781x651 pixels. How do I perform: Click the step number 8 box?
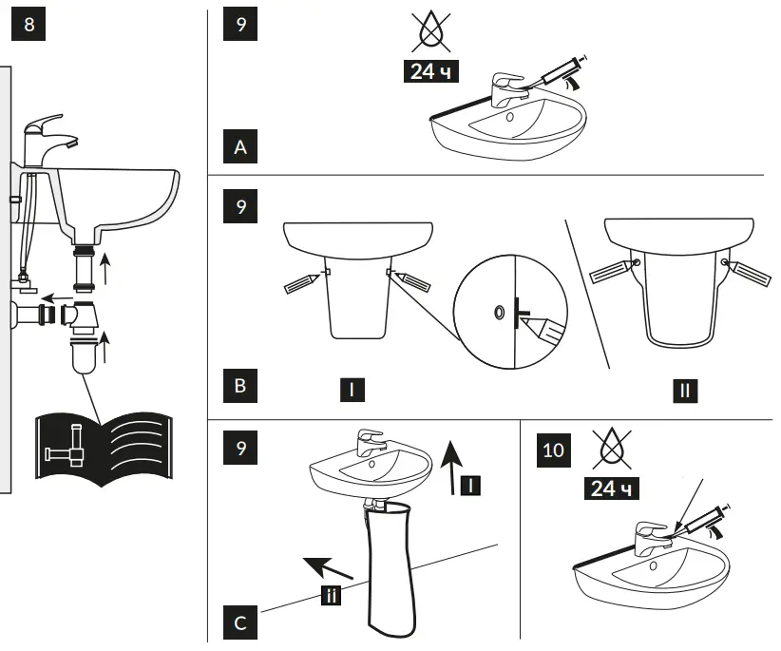(x=28, y=25)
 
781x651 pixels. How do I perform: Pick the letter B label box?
(x=239, y=388)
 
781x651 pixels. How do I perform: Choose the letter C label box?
(x=239, y=622)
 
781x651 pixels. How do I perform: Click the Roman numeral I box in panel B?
(x=352, y=388)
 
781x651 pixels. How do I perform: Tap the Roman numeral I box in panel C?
(x=471, y=486)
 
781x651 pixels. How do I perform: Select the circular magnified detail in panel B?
(x=511, y=311)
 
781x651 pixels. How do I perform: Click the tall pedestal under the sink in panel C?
(x=391, y=570)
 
